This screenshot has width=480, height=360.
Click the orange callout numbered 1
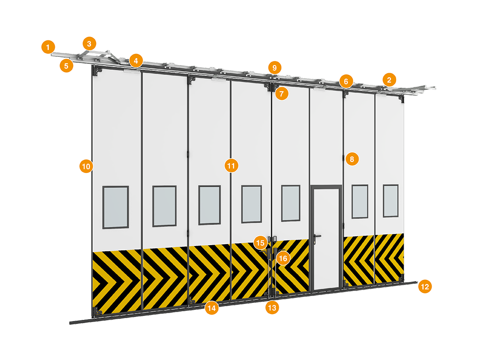coord(48,47)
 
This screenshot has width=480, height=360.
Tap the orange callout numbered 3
coord(89,44)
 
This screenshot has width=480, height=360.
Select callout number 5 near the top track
coord(67,66)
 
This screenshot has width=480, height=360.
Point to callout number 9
coord(275,67)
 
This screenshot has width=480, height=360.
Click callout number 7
coord(282,93)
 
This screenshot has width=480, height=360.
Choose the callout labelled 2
coord(389,80)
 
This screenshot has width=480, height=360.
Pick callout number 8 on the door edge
coord(352,159)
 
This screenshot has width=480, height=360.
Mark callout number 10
coord(86,166)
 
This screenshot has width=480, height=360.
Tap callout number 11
coord(231,165)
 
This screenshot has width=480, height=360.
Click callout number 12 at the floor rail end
coord(425,286)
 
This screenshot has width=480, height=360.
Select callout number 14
coord(212,308)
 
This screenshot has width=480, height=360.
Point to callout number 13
coord(272,307)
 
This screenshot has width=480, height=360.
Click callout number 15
coord(260,243)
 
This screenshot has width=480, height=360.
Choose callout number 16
coord(283,258)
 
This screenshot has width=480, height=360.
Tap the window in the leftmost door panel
coord(115,207)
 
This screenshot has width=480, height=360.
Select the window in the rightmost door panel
coord(390,201)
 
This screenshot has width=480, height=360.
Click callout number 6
coord(346,82)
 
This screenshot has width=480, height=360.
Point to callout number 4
coord(136,60)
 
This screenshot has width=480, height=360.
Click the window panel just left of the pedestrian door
coord(291,202)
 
